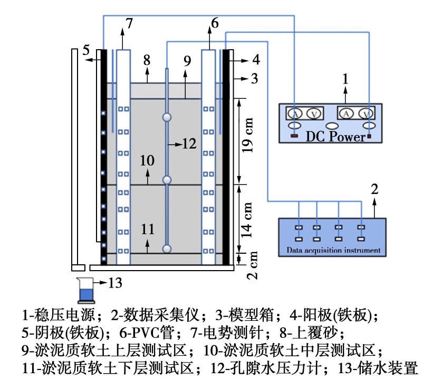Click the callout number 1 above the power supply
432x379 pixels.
pyautogui.click(x=345, y=79)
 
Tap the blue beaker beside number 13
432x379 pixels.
pyautogui.click(x=84, y=290)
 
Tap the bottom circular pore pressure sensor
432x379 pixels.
pyautogui.click(x=167, y=248)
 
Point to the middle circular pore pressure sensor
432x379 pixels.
pyautogui.click(x=167, y=180)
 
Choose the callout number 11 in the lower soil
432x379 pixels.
pyautogui.click(x=148, y=229)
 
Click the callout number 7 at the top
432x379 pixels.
pyautogui.click(x=130, y=22)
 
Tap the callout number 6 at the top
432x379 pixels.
pyautogui.click(x=214, y=22)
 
